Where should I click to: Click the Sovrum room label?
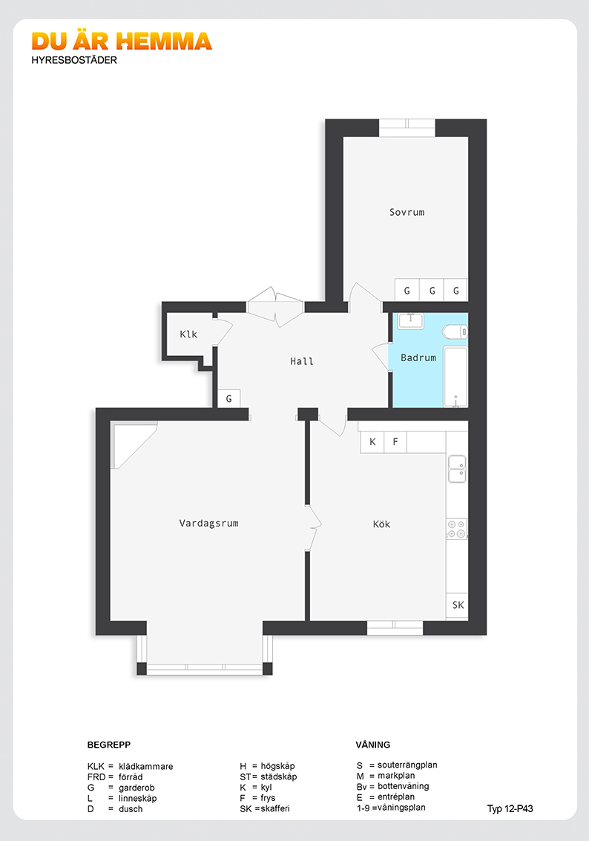tap(407, 212)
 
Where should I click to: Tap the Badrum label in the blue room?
tap(418, 357)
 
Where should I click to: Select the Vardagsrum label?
tap(208, 523)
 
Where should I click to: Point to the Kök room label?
tap(381, 524)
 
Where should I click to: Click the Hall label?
tap(301, 361)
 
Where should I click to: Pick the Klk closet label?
tap(188, 334)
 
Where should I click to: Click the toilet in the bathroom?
tap(455, 332)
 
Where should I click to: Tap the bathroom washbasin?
tap(411, 320)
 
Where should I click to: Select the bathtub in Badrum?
tap(455, 377)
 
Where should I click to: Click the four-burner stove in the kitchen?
tap(456, 528)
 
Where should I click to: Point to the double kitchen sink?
tap(457, 469)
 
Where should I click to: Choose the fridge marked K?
tap(372, 442)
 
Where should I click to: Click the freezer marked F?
tap(395, 442)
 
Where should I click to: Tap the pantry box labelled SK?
tap(457, 605)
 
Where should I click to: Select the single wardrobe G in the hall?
tap(229, 398)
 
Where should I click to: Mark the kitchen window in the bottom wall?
tap(395, 627)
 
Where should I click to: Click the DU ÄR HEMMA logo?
tap(122, 42)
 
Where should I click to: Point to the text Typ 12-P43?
tap(510, 809)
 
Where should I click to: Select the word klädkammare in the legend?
tap(146, 766)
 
